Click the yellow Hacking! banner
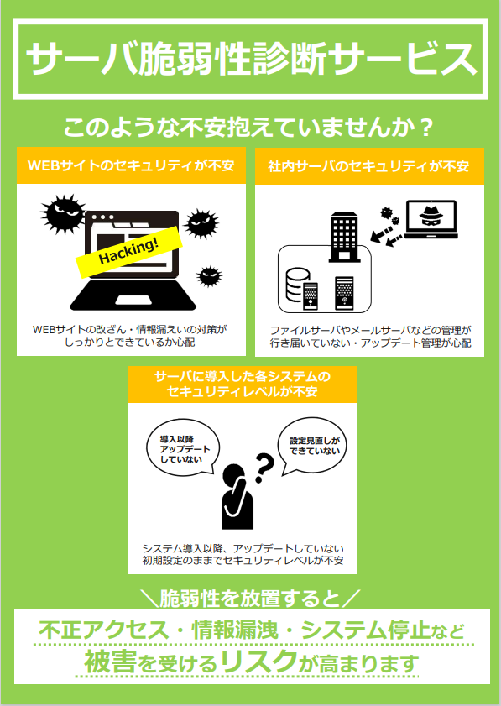pyautogui.click(x=128, y=252)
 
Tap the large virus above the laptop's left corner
pyautogui.click(x=63, y=214)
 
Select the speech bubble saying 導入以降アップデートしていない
pyautogui.click(x=183, y=449)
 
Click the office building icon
pyautogui.click(x=344, y=238)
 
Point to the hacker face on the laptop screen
pyautogui.click(x=431, y=217)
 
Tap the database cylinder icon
pyautogui.click(x=298, y=286)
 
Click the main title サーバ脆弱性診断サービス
pyautogui.click(x=251, y=60)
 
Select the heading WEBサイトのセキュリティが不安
pyautogui.click(x=131, y=165)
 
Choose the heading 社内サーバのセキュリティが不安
pyautogui.click(x=368, y=166)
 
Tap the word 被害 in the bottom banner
pyautogui.click(x=110, y=662)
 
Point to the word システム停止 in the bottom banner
pyautogui.click(x=365, y=630)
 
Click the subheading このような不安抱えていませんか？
pyautogui.click(x=249, y=127)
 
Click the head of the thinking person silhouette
pyautogui.click(x=234, y=475)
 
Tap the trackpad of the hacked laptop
pyautogui.click(x=133, y=300)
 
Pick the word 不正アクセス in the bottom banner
pyautogui.click(x=103, y=630)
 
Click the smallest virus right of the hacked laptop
pyautogui.click(x=209, y=275)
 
